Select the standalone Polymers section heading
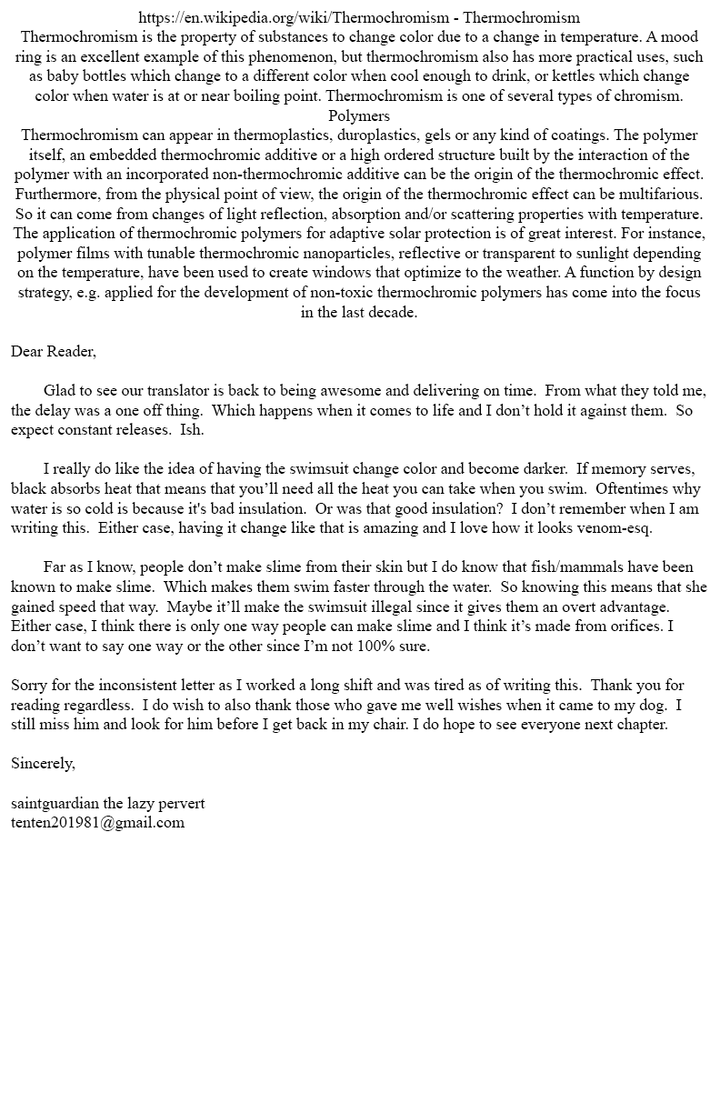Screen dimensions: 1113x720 click(x=359, y=115)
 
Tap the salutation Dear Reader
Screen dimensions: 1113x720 click(x=54, y=351)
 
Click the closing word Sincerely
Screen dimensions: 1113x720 click(x=43, y=763)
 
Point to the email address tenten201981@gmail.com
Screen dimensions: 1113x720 click(x=97, y=822)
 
